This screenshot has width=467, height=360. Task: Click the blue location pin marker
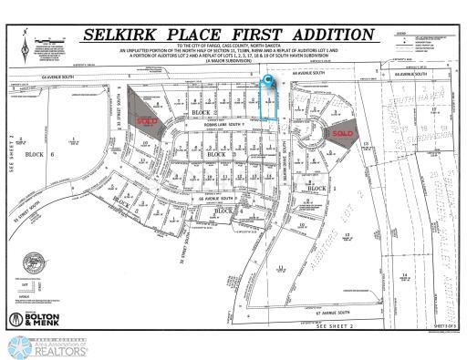[268, 83]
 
